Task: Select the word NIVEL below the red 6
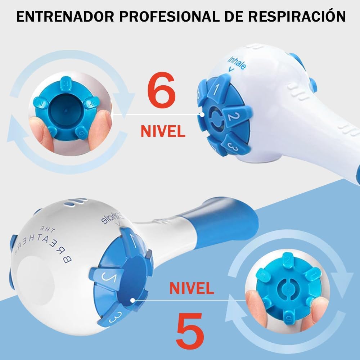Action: click(x=163, y=131)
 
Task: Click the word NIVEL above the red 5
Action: click(x=192, y=288)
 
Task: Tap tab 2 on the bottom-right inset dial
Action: click(x=288, y=260)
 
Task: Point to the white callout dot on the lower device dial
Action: click(x=133, y=300)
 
